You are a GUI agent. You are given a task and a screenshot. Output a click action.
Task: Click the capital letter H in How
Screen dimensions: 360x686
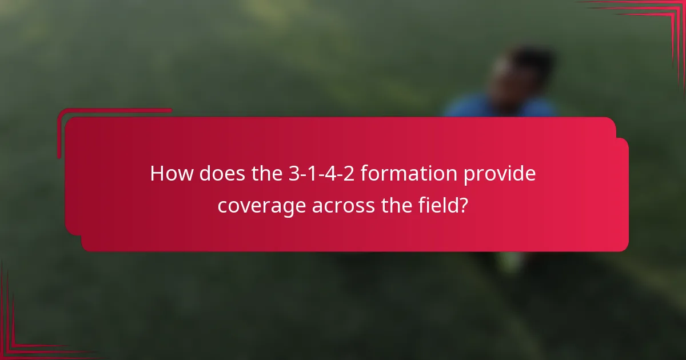157,174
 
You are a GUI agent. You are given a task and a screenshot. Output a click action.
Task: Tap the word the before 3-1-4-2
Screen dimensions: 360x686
266,174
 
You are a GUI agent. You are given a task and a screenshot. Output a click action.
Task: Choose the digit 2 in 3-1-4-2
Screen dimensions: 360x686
349,174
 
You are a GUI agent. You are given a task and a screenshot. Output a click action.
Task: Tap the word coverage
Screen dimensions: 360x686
262,206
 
